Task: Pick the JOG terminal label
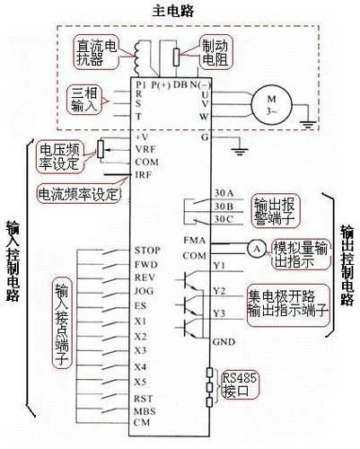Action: (143, 292)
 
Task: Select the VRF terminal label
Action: (144, 147)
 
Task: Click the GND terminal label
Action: (198, 342)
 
